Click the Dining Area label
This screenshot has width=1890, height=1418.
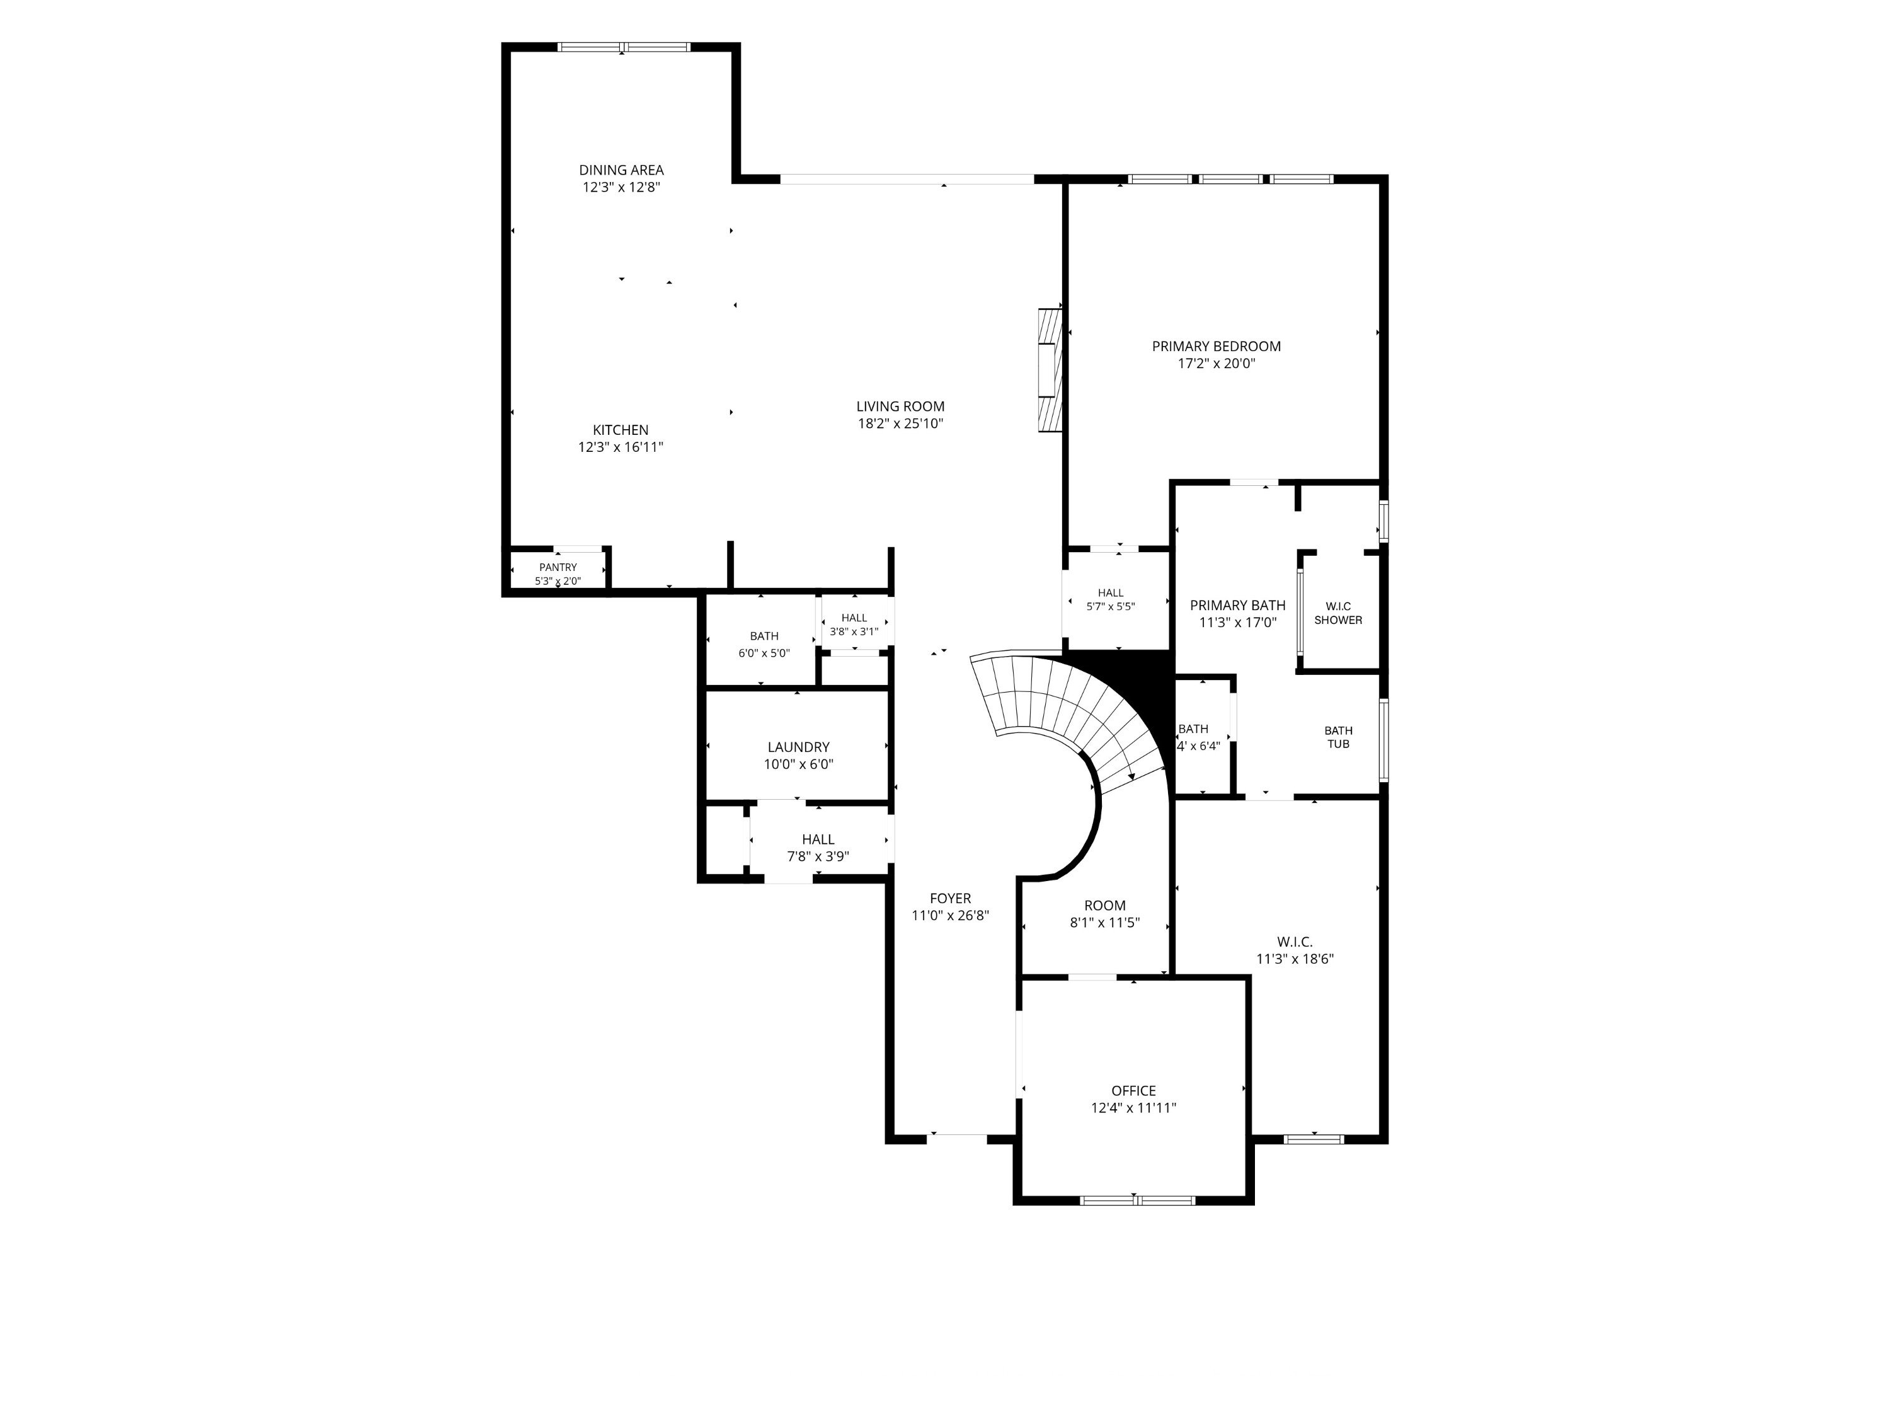point(621,170)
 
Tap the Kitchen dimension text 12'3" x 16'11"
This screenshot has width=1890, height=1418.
point(621,447)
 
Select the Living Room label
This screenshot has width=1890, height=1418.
point(900,407)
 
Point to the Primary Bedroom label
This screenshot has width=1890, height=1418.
point(1216,346)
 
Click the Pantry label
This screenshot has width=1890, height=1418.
point(558,568)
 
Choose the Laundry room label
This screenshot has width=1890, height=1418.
point(798,747)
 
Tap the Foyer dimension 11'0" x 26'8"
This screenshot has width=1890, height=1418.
point(950,916)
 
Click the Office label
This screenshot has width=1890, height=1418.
point(1134,1091)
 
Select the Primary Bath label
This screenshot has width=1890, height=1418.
point(1237,605)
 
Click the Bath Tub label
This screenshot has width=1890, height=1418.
point(1338,737)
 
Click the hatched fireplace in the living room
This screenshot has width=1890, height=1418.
point(1049,370)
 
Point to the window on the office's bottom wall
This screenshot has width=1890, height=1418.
point(1137,1200)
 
